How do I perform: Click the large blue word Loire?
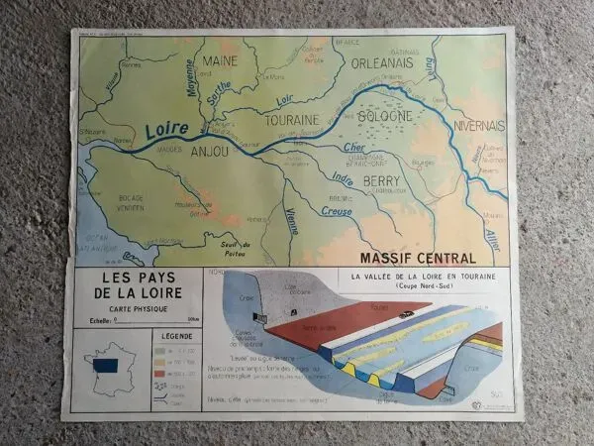[x=165, y=131]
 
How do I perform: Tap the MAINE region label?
[x=221, y=61]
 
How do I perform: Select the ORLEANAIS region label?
[x=387, y=63]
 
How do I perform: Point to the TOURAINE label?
[x=291, y=120]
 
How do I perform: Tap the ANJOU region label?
[x=208, y=152]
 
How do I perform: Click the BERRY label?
[x=381, y=181]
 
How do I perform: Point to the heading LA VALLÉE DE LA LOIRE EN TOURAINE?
[x=417, y=278]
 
